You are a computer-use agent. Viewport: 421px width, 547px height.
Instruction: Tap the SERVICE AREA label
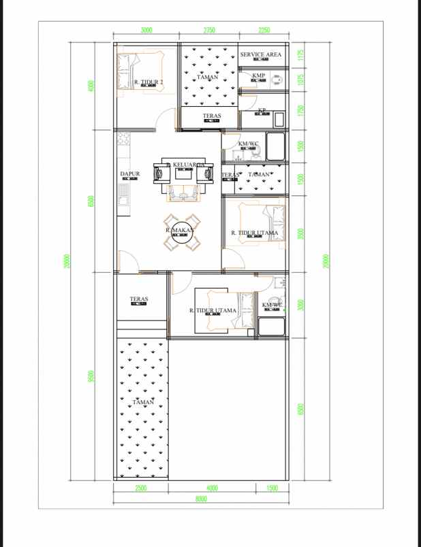[x=260, y=54]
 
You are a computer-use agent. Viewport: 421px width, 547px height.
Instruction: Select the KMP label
[x=258, y=76]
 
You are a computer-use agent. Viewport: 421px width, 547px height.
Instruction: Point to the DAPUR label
[x=129, y=174]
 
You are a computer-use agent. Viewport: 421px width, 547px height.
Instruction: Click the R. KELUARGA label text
[x=185, y=165]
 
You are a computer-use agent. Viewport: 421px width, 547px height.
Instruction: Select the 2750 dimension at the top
[x=209, y=30]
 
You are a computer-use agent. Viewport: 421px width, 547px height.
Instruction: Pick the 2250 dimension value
[x=264, y=30]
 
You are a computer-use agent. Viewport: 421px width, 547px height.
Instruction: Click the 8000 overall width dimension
[x=201, y=499]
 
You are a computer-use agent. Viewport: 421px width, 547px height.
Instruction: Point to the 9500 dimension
[x=91, y=376]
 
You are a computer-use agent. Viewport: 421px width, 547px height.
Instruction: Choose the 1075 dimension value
[x=300, y=79]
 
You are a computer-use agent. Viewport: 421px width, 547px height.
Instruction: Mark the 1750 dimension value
[x=300, y=110]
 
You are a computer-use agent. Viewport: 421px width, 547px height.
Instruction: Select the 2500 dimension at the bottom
[x=140, y=488]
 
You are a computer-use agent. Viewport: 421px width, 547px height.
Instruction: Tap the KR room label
[x=262, y=110]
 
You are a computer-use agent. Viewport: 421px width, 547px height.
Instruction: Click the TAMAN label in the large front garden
[x=143, y=403]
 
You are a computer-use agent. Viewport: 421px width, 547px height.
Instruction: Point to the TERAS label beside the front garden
[x=139, y=299]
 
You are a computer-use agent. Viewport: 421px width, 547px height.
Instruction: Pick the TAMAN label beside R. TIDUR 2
[x=207, y=78]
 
